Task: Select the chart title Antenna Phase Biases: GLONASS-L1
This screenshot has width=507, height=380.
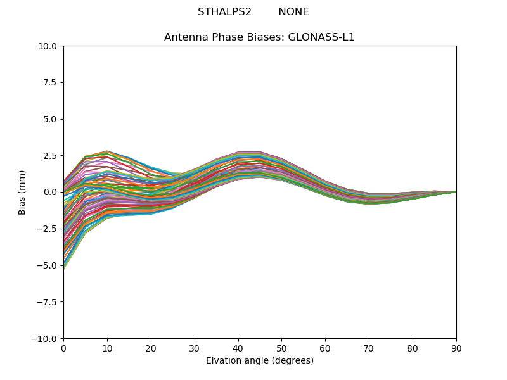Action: [259, 37]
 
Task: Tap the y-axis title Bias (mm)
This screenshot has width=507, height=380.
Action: [22, 192]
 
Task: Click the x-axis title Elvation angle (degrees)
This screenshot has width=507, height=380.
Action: [259, 361]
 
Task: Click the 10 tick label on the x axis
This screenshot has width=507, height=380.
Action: [107, 348]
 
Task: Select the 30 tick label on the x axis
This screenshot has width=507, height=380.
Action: [195, 348]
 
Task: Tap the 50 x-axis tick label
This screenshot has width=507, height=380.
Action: [281, 348]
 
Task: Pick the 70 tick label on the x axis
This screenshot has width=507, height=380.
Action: [369, 348]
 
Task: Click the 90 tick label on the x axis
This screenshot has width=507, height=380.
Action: [456, 348]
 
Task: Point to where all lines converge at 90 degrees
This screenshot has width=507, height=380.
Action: [456, 192]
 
